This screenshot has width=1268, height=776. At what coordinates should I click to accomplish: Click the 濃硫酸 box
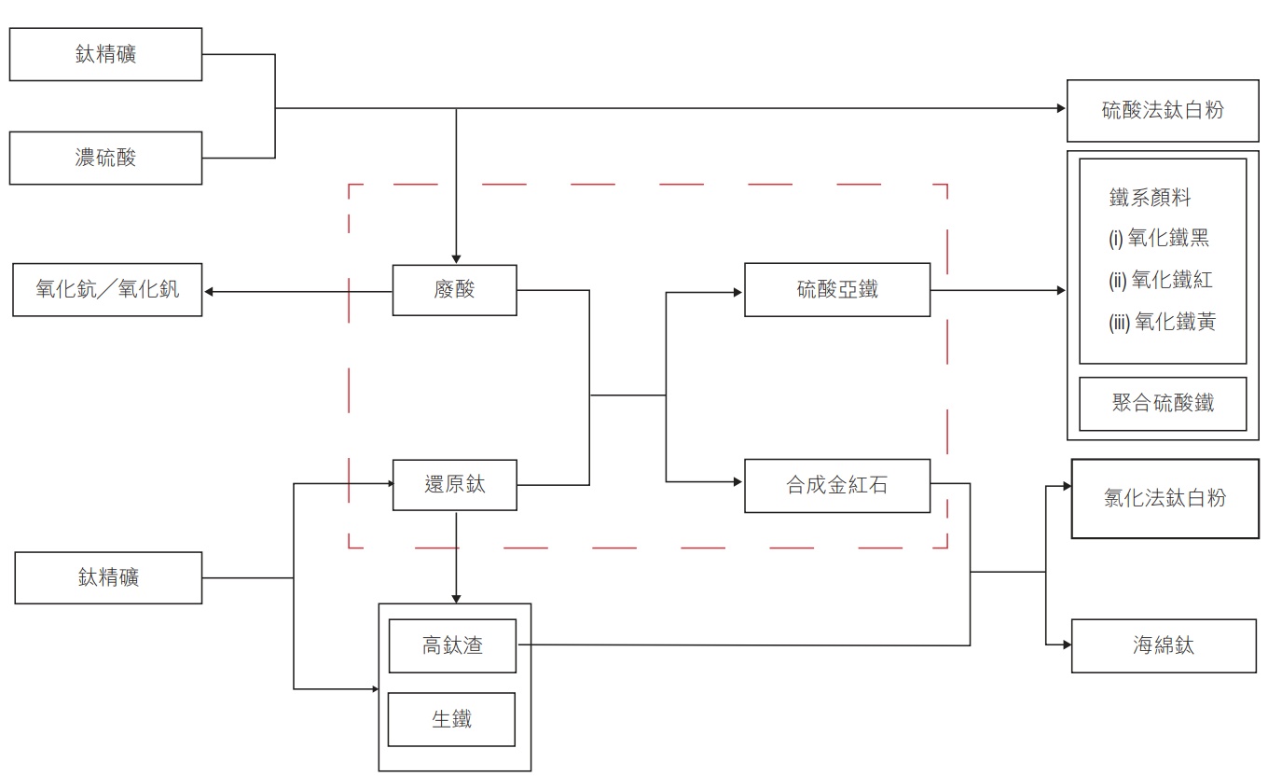pyautogui.click(x=105, y=158)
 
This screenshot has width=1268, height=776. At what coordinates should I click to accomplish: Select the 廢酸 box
pyautogui.click(x=454, y=290)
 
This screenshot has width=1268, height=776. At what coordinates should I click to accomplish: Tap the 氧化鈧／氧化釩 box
pyautogui.click(x=107, y=290)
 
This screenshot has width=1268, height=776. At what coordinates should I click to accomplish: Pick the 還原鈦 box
pyautogui.click(x=454, y=485)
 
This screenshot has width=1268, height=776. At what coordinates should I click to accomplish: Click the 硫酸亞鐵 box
pyautogui.click(x=836, y=290)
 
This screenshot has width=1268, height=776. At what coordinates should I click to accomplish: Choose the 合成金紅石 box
pyautogui.click(x=836, y=486)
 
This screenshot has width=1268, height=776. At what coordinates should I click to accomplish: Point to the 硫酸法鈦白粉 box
pyautogui.click(x=1162, y=110)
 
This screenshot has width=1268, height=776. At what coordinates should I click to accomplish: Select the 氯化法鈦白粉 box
pyautogui.click(x=1165, y=498)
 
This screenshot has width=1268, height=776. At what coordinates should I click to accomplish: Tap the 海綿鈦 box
pyautogui.click(x=1165, y=645)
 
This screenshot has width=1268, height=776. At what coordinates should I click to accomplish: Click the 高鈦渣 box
pyautogui.click(x=452, y=645)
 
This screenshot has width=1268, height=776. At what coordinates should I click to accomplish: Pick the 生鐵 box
pyautogui.click(x=451, y=719)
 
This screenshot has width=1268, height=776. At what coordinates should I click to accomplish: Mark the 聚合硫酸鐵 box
pyautogui.click(x=1163, y=404)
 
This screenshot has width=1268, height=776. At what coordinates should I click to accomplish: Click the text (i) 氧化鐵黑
pyautogui.click(x=1159, y=238)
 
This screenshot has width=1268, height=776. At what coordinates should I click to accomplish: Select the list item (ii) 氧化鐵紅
pyautogui.click(x=1161, y=280)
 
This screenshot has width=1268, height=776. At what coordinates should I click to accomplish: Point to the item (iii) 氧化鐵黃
pyautogui.click(x=1162, y=323)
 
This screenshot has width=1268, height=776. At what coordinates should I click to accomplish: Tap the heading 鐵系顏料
pyautogui.click(x=1150, y=198)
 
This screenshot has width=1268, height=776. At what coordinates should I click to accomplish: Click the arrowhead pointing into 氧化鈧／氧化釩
pyautogui.click(x=210, y=292)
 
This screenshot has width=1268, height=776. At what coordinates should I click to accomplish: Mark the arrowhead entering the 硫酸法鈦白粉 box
pyautogui.click(x=1061, y=108)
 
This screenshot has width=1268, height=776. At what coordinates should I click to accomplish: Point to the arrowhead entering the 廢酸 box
pyautogui.click(x=456, y=258)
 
